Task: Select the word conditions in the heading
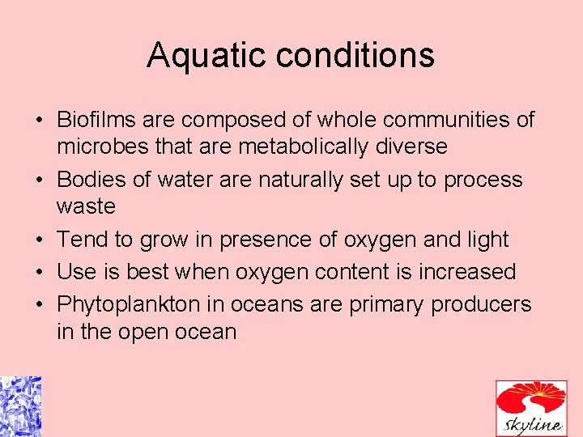click(x=356, y=56)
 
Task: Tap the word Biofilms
click(x=97, y=121)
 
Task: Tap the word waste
click(x=86, y=206)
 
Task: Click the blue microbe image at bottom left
click(x=20, y=406)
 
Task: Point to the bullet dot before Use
click(x=39, y=273)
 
